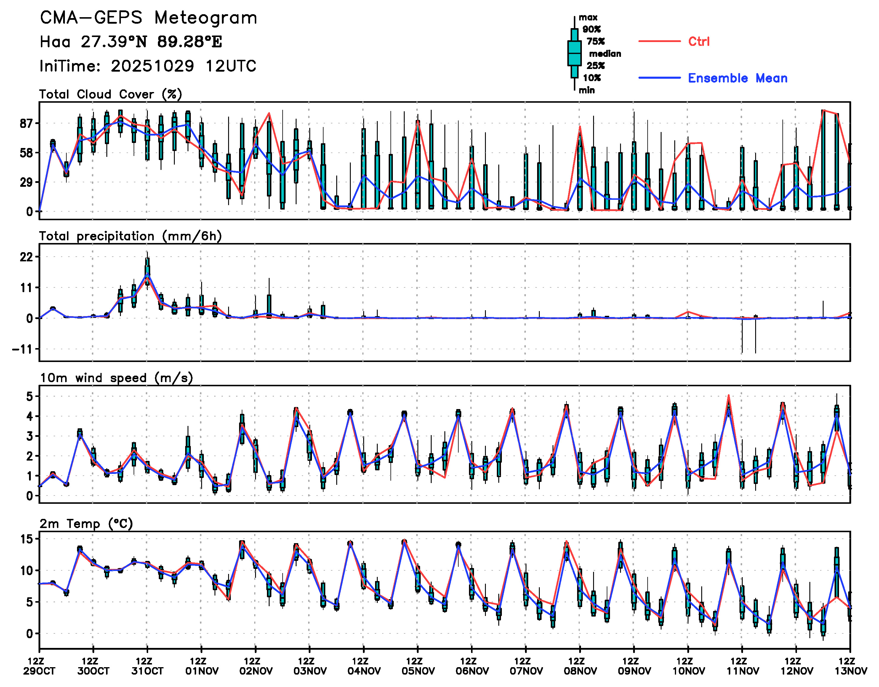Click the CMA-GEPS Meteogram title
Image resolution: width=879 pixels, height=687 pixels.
click(x=148, y=18)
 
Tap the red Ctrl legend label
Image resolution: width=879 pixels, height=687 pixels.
click(x=699, y=41)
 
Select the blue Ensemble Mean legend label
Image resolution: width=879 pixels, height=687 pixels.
click(x=737, y=78)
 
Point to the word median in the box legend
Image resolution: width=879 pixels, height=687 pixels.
click(x=605, y=54)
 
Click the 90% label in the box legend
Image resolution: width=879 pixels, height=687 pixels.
click(x=591, y=29)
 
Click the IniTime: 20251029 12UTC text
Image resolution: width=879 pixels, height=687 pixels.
click(x=148, y=66)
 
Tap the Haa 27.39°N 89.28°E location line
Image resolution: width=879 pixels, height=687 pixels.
click(x=131, y=42)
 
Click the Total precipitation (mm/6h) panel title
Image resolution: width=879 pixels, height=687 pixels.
click(x=130, y=236)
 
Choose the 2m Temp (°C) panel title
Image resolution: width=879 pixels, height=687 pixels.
click(x=86, y=524)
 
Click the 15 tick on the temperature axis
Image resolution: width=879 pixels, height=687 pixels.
click(x=27, y=539)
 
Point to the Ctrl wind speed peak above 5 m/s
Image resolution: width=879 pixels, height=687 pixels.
click(x=729, y=395)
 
